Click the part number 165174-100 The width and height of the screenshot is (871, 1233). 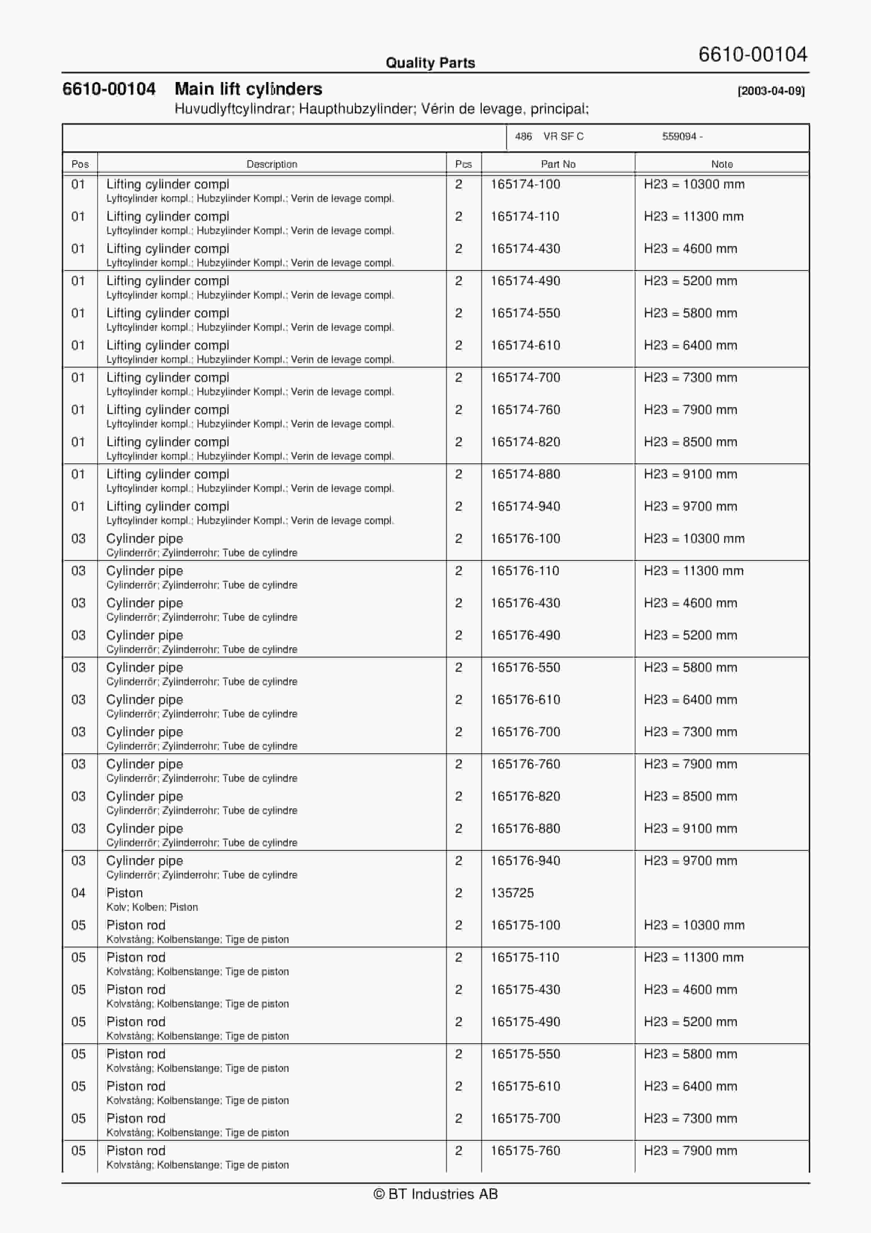point(525,184)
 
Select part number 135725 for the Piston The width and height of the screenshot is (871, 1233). point(512,893)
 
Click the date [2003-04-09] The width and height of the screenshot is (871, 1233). point(771,91)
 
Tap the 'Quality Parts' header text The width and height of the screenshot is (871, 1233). point(430,63)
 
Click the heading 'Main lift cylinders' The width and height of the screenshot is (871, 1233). point(248,89)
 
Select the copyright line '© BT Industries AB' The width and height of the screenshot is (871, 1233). point(435,1194)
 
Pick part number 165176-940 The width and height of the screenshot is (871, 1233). point(525,861)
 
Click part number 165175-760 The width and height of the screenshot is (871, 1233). point(525,1151)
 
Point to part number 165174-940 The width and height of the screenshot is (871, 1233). point(525,506)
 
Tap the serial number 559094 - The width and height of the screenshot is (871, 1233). point(682,137)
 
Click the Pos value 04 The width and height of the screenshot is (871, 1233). point(78,893)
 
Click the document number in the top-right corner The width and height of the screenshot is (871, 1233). point(753,54)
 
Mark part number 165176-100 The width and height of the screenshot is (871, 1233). point(525,539)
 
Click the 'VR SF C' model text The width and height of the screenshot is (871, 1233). point(563,137)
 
